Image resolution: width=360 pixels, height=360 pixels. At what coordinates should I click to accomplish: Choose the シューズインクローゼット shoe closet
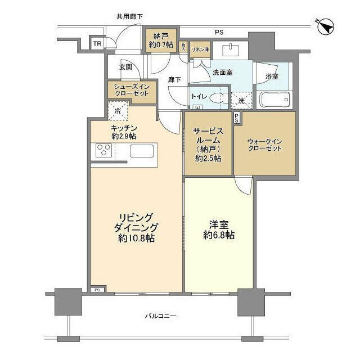click(131, 89)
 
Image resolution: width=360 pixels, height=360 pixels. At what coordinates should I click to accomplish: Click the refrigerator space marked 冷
click(118, 110)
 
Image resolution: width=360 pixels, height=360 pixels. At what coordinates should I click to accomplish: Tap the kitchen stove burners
click(105, 150)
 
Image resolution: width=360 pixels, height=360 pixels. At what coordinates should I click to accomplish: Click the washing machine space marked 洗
click(241, 101)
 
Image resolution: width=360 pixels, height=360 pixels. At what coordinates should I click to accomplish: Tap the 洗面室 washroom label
click(223, 73)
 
